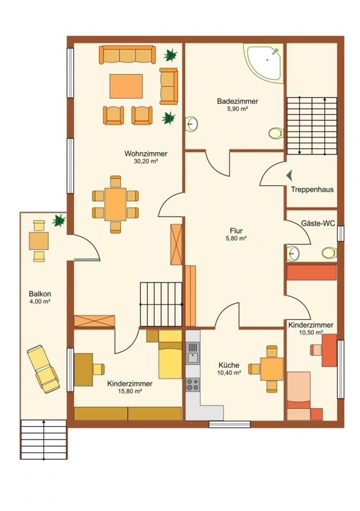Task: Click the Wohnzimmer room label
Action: tap(146, 153)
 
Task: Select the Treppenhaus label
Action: tap(312, 189)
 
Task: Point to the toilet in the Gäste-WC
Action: tap(329, 253)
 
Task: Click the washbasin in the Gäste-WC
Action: tap(294, 253)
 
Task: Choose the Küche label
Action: tap(229, 365)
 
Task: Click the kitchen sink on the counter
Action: tap(193, 353)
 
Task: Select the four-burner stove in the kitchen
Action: tap(193, 385)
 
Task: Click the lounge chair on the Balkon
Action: tap(43, 369)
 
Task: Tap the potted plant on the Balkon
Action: tap(59, 220)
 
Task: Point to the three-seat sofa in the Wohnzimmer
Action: tap(128, 55)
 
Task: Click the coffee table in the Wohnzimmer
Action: tap(126, 86)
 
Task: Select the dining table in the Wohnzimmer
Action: tap(116, 204)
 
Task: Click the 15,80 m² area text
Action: tap(130, 392)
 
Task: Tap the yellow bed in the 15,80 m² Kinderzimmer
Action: tap(170, 355)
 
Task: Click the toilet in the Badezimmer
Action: tap(276, 133)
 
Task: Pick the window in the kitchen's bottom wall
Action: tap(230, 424)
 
